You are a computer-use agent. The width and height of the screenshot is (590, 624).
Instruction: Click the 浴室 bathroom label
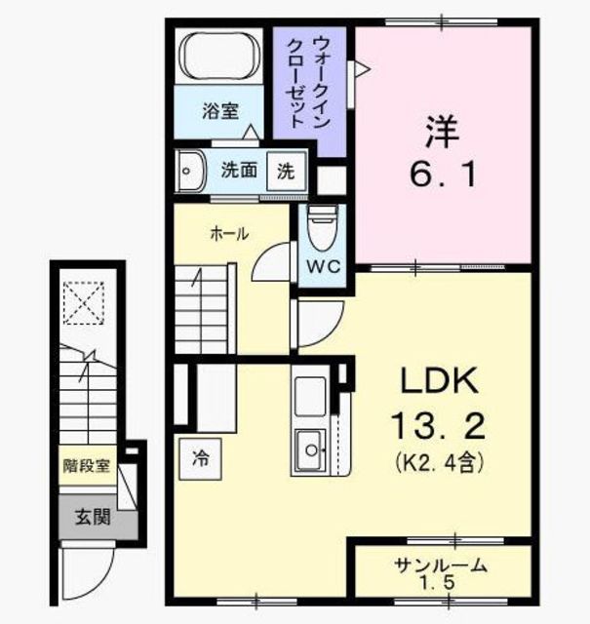click(x=219, y=112)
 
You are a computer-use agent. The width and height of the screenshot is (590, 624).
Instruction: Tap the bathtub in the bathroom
click(x=220, y=58)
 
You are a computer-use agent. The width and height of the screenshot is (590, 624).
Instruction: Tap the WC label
click(x=320, y=266)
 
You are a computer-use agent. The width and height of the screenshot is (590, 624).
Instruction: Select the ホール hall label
click(x=229, y=234)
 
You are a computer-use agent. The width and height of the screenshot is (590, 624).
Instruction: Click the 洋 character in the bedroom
click(x=441, y=130)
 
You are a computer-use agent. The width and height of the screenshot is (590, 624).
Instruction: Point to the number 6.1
click(x=441, y=175)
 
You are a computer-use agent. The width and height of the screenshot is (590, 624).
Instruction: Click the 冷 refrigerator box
click(x=199, y=453)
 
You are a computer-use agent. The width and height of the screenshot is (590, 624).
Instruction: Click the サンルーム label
click(x=441, y=565)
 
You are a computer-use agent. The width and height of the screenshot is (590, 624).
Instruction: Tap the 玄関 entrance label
click(x=94, y=516)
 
